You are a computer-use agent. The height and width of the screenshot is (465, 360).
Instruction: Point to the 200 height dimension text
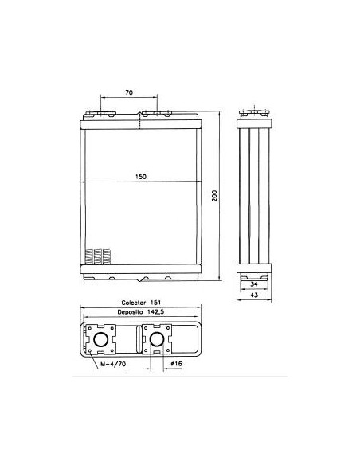coord(216,196)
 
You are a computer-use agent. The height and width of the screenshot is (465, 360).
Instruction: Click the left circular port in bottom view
coord(104,342)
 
